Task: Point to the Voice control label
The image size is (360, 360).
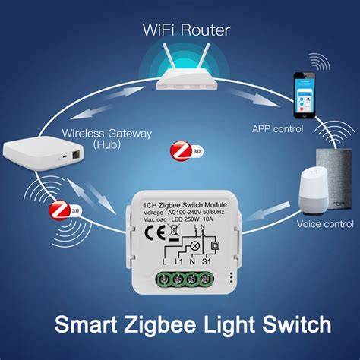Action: (x=325, y=224)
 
